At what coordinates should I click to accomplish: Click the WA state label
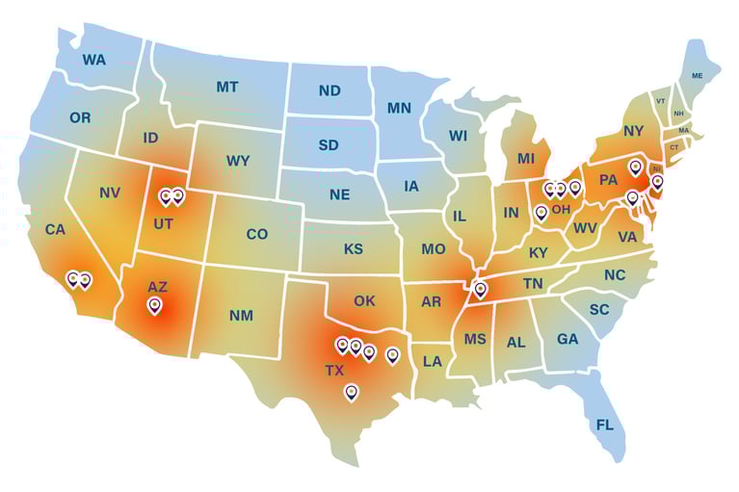click(93, 60)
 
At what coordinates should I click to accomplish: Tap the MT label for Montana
click(227, 87)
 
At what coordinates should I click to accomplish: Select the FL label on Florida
click(604, 425)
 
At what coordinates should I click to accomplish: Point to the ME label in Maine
click(698, 75)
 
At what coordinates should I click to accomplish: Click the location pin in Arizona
click(154, 305)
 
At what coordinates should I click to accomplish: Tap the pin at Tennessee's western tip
click(480, 288)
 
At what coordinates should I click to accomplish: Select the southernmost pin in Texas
click(351, 391)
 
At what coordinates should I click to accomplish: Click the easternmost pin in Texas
click(392, 355)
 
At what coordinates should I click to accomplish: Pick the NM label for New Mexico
click(240, 315)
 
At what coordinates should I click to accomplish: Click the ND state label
click(330, 91)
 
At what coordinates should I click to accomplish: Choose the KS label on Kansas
click(354, 249)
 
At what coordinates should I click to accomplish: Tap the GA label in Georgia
click(567, 339)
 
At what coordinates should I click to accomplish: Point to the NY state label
click(633, 131)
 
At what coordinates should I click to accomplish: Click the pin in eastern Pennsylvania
click(634, 168)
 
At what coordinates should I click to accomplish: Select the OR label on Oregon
click(80, 117)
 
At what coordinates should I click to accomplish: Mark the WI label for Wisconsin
click(458, 137)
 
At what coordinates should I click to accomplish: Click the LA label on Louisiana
click(433, 362)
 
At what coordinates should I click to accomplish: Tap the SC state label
click(599, 309)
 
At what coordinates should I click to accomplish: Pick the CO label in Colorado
click(256, 234)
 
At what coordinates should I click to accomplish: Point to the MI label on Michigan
click(525, 158)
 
